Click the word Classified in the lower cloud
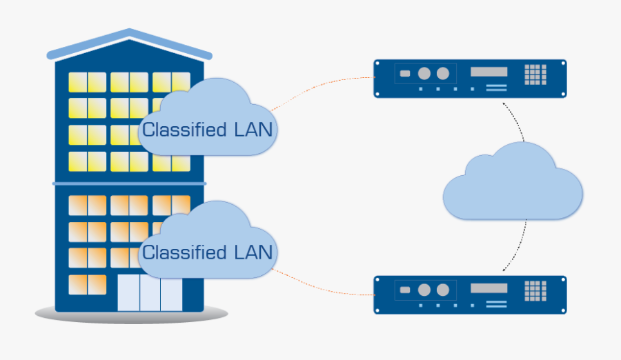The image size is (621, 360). pyautogui.click(x=184, y=252)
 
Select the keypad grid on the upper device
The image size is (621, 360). pyautogui.click(x=535, y=74)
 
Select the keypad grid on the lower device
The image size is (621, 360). pyautogui.click(x=535, y=290)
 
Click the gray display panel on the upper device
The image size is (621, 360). pyautogui.click(x=489, y=72)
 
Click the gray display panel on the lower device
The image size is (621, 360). pyautogui.click(x=489, y=288)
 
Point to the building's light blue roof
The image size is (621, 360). pyautogui.click(x=129, y=42)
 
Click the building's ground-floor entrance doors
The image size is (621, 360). pyautogui.click(x=150, y=293)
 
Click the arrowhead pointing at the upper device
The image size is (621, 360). pyautogui.click(x=504, y=103)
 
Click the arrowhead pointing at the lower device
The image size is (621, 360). pyautogui.click(x=504, y=269)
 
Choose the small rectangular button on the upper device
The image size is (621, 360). pyautogui.click(x=405, y=73)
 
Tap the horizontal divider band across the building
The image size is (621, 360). pyautogui.click(x=129, y=183)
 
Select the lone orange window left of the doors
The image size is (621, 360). pyautogui.click(x=87, y=284)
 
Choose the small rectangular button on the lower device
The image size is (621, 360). pyautogui.click(x=405, y=289)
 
